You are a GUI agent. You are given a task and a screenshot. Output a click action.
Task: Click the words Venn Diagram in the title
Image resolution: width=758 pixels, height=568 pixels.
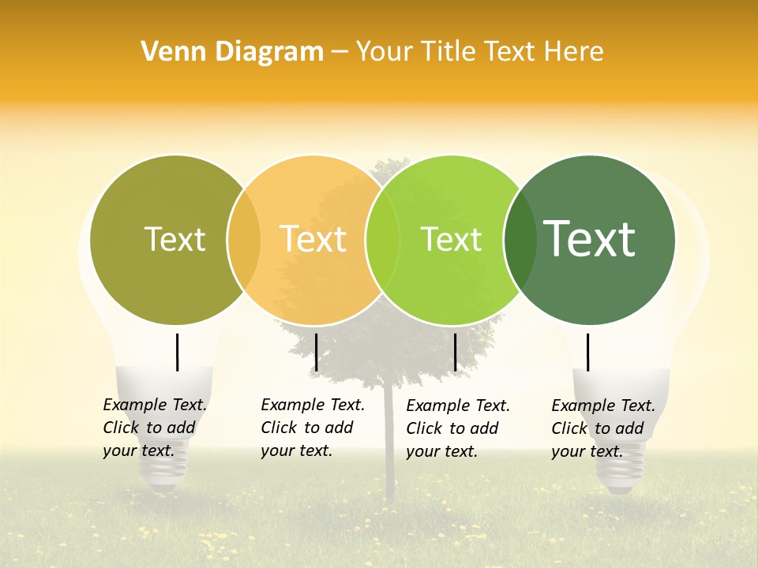[232, 51]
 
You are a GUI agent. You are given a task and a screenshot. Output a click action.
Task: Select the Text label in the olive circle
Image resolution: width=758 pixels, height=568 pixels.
[174, 239]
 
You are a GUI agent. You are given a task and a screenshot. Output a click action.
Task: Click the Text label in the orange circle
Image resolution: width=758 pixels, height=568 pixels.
[313, 239]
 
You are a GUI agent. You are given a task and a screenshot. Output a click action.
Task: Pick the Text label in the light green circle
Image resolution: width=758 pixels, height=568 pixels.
[451, 239]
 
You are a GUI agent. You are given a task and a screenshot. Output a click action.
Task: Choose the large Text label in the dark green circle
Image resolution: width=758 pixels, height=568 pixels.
[590, 239]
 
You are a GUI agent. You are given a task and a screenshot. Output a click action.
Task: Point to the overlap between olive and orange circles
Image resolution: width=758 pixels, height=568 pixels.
[244, 240]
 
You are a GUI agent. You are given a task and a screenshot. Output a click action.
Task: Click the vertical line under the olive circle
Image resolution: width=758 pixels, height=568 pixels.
[178, 352]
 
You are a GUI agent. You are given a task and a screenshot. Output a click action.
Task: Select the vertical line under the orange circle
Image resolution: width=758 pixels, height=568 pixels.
[316, 352]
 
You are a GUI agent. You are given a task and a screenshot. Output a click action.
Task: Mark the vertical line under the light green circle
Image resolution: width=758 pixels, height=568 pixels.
[455, 352]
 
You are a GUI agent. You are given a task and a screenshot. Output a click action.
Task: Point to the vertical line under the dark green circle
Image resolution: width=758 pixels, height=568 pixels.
[587, 352]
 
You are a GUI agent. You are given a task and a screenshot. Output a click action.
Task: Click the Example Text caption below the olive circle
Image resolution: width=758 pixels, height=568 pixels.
[155, 428]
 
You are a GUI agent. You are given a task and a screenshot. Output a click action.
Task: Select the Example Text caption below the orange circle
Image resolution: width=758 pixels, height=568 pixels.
[313, 428]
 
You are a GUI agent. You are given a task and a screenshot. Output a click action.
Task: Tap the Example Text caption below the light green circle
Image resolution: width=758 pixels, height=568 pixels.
[458, 428]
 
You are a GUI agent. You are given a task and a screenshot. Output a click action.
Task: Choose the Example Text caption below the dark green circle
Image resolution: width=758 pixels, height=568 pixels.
[603, 428]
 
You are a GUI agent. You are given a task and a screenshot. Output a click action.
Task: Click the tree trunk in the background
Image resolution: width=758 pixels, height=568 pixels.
[388, 473]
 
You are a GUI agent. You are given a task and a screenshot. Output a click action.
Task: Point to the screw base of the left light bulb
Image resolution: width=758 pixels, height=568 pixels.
[165, 469]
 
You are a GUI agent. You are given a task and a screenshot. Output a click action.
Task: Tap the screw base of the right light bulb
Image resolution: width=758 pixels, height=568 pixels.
[621, 473]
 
